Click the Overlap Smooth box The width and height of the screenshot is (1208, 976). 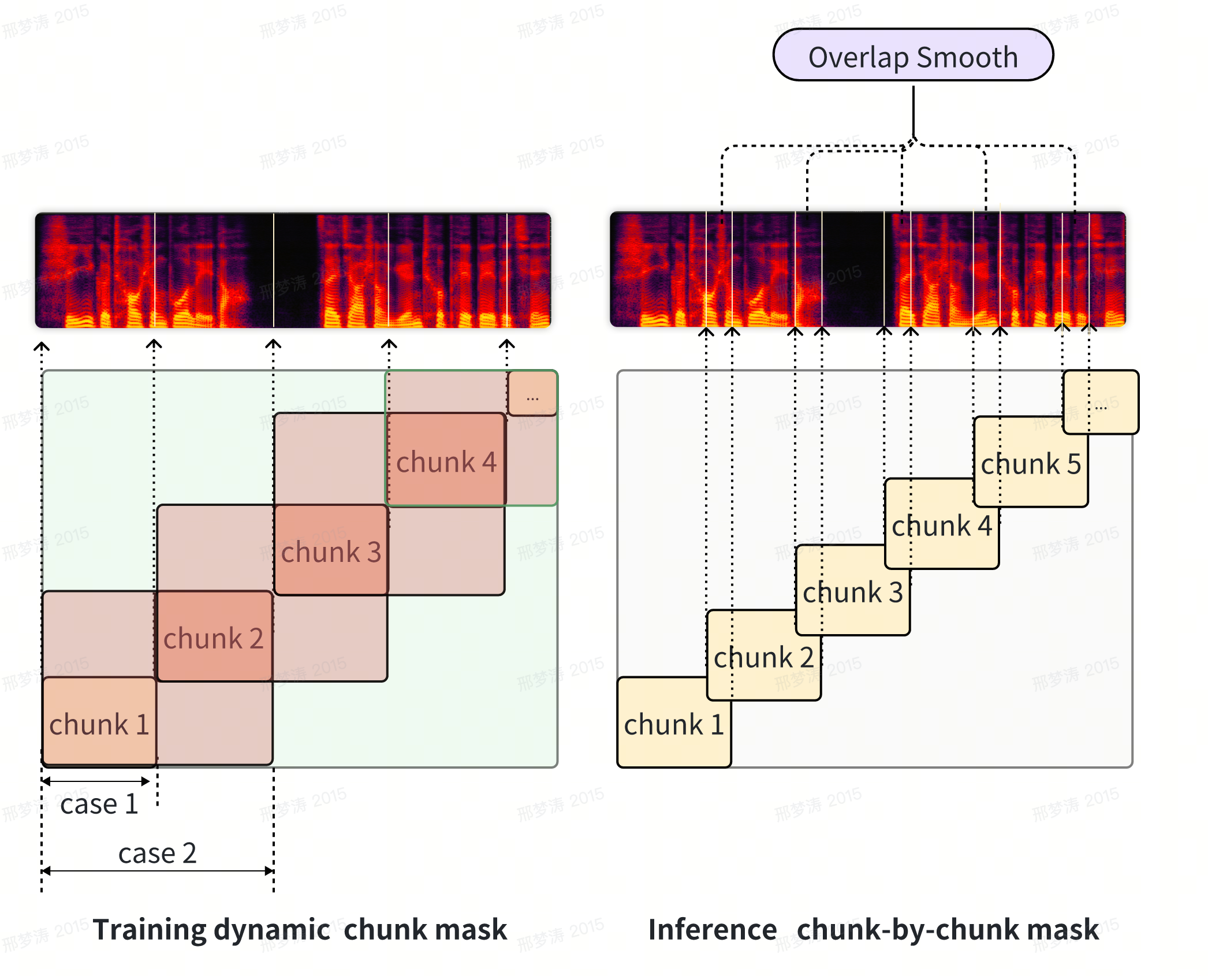coord(913,56)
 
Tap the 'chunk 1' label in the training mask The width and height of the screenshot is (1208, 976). coord(99,724)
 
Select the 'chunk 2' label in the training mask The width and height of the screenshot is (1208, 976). coord(214,638)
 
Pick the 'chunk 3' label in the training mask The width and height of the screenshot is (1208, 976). coord(331,552)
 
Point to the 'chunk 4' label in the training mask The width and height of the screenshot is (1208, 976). coord(446,462)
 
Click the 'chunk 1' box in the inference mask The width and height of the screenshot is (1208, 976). coord(673,724)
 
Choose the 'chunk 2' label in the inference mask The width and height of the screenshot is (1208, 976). coord(763,657)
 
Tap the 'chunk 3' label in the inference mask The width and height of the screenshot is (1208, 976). coord(852,592)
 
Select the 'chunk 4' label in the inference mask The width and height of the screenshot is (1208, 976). coord(941,526)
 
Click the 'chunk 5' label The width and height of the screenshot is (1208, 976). coord(1031,464)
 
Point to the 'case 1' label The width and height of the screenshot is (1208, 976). coord(99,804)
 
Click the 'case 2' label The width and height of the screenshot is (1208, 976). coord(157,853)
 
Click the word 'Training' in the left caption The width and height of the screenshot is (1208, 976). coord(150,929)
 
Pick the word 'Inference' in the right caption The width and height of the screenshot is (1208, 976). coord(713,929)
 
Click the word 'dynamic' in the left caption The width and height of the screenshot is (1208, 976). coord(272,929)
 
